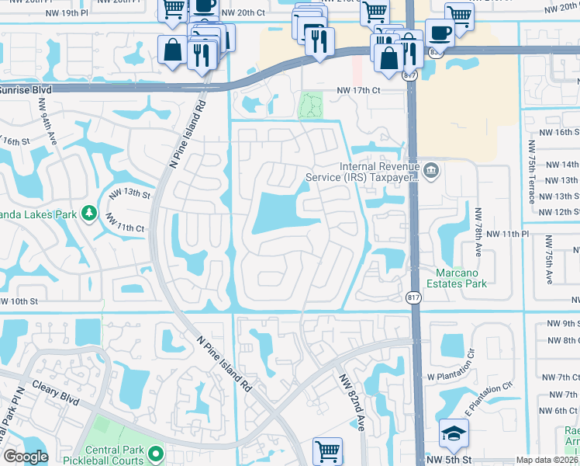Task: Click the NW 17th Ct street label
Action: coord(359,91)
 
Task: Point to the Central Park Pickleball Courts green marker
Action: coord(156,453)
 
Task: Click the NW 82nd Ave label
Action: coord(350,399)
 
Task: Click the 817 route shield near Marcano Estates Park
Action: coord(413,297)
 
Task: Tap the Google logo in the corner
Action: coord(25,457)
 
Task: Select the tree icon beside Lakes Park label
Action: coord(89,212)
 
